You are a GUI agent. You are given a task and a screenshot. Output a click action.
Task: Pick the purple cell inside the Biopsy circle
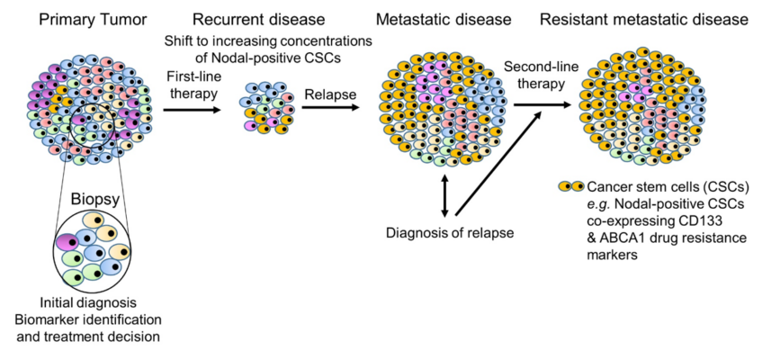[67, 242]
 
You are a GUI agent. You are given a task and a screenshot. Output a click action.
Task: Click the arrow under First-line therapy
[193, 111]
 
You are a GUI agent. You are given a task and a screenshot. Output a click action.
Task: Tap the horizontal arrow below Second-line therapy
[542, 104]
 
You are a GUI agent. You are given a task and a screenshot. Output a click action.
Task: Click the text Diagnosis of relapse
[450, 233]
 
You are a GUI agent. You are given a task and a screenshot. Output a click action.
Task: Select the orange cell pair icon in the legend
[571, 187]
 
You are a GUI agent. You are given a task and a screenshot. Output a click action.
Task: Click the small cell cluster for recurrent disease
[267, 107]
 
